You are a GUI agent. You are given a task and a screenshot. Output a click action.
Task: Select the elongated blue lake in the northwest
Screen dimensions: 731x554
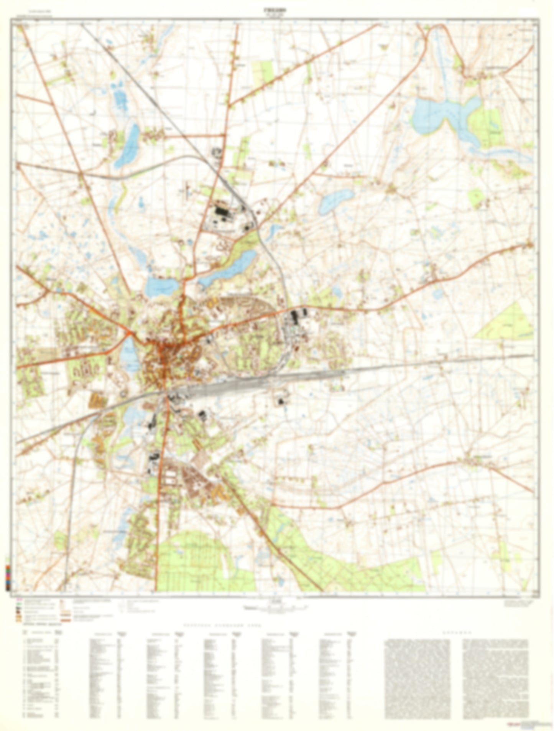[x=128, y=146]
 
